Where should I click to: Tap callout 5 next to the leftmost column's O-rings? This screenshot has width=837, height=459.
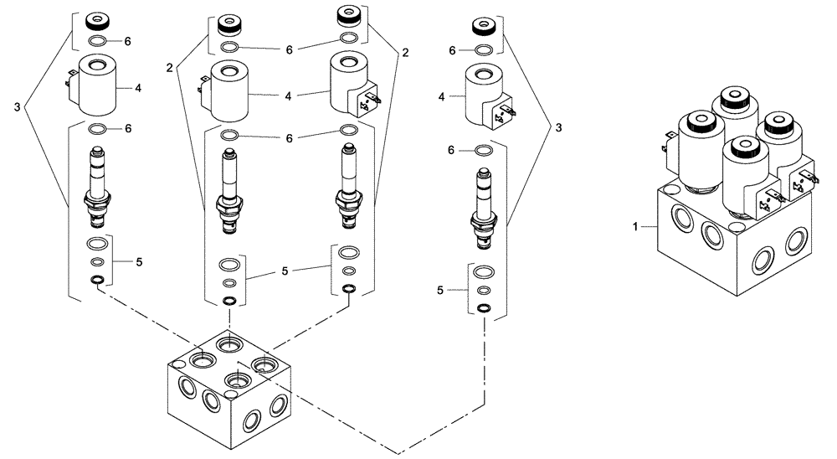click(x=139, y=262)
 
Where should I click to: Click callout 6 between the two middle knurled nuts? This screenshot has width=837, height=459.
click(x=289, y=50)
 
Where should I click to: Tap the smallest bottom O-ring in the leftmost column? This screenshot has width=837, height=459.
click(x=98, y=279)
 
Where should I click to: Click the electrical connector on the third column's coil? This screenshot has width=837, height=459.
click(x=367, y=106)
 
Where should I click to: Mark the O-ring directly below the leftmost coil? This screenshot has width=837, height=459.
click(x=97, y=129)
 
